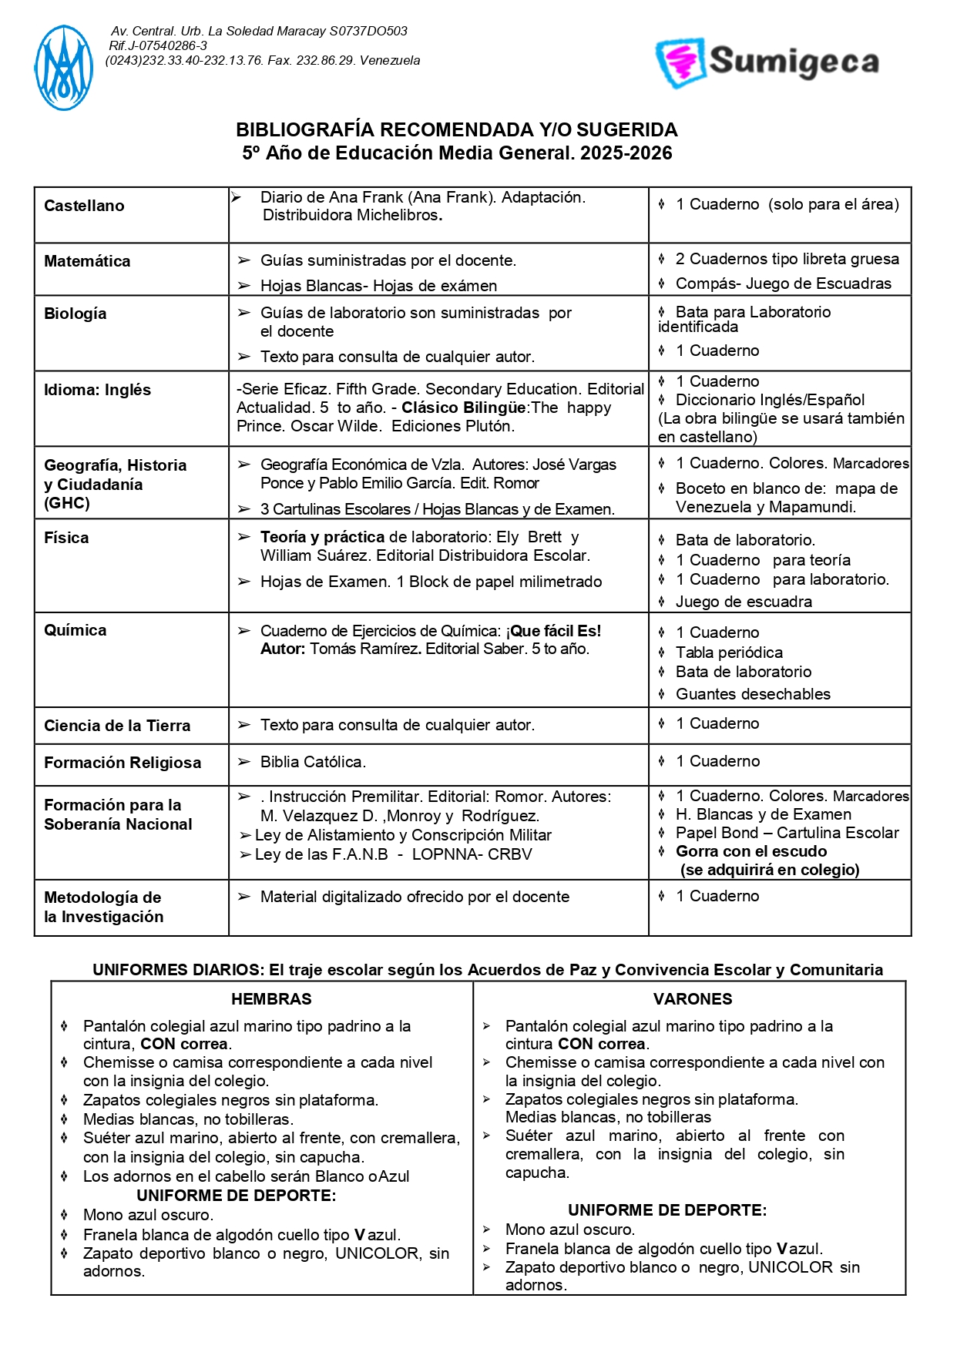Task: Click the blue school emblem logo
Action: coord(63,68)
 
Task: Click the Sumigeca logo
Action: coord(767,62)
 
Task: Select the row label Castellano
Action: coord(84,206)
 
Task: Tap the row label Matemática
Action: coord(87,261)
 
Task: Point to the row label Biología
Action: coord(75,314)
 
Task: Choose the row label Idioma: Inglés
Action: coord(97,390)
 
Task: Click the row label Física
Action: coord(66,538)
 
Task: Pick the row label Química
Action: coord(75,630)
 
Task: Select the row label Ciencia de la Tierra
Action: coord(117,726)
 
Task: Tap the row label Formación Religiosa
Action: coord(123,763)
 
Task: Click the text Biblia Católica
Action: coord(313,762)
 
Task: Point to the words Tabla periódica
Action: coord(729,653)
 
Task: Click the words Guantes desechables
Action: coord(753,694)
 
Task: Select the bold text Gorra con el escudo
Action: coord(751,851)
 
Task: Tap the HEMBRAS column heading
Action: coord(271,999)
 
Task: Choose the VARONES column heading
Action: coord(693,999)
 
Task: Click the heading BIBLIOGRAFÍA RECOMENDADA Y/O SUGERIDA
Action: coord(457,129)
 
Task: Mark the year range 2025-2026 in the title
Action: coord(626,153)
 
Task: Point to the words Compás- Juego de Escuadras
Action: coord(783,283)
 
